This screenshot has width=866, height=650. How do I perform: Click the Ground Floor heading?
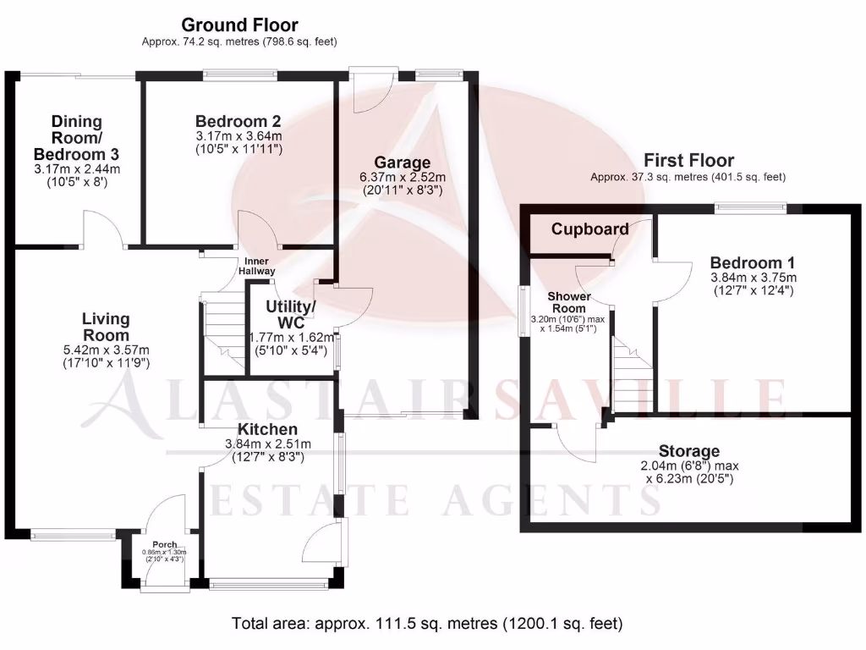(x=239, y=25)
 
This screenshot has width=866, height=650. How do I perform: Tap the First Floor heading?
(x=688, y=160)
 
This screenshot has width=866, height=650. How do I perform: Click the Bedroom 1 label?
(x=753, y=262)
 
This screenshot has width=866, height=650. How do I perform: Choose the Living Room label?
(x=106, y=328)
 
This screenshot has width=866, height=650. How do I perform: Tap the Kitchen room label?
(x=267, y=429)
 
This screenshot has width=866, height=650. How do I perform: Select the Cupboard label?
(x=589, y=229)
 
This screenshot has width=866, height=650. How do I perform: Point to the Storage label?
(x=689, y=451)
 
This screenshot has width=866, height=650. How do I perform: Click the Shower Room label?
(x=568, y=302)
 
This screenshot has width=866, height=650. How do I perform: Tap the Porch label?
(x=164, y=544)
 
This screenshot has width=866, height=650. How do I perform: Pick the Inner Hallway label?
(x=260, y=267)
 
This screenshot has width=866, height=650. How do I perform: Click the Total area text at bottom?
(x=427, y=624)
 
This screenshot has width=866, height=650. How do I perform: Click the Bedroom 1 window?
(x=750, y=206)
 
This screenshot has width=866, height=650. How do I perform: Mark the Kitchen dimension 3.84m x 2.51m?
(x=267, y=443)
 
